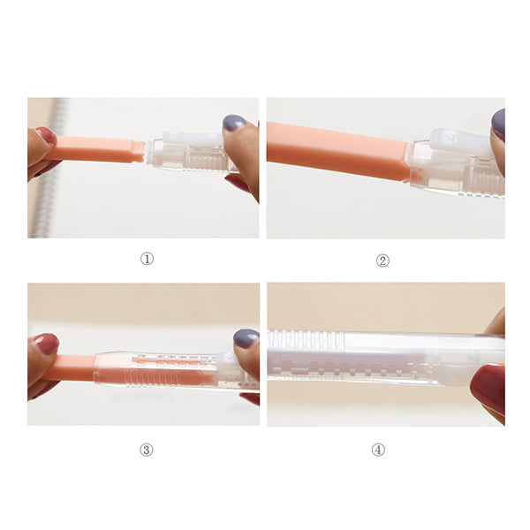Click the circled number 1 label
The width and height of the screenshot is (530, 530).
[x=147, y=259]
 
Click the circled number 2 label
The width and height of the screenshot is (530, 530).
[x=382, y=261]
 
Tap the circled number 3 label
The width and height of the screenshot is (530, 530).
[x=147, y=450]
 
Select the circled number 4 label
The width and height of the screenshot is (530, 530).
[x=378, y=450]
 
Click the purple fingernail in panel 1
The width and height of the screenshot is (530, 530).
[x=233, y=123]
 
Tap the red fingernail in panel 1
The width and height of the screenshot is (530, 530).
[x=47, y=135]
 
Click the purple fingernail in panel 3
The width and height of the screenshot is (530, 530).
[x=246, y=338]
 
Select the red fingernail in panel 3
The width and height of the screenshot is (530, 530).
[x=46, y=344]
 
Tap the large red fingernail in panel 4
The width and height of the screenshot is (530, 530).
[x=488, y=388]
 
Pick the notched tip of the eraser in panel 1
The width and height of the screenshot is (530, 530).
[x=139, y=151]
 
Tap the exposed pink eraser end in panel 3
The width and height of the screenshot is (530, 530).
[x=69, y=367]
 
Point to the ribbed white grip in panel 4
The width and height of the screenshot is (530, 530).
[x=305, y=339]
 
